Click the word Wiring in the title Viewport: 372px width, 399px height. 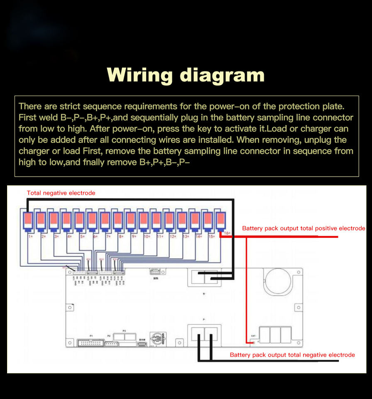[139, 75]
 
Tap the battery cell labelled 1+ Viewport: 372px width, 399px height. [28, 221]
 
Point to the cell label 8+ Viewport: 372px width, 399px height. [121, 236]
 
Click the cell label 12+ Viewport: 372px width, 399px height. [173, 236]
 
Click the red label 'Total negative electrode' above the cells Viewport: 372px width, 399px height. [61, 193]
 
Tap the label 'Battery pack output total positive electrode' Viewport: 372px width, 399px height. [303, 228]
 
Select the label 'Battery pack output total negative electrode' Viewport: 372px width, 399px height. [292, 355]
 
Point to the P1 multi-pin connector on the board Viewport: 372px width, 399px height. [91, 343]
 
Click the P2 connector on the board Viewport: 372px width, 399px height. [111, 343]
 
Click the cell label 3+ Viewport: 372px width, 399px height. [56, 236]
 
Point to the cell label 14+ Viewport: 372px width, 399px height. [198, 236]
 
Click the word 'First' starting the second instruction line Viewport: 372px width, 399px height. [27, 118]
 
